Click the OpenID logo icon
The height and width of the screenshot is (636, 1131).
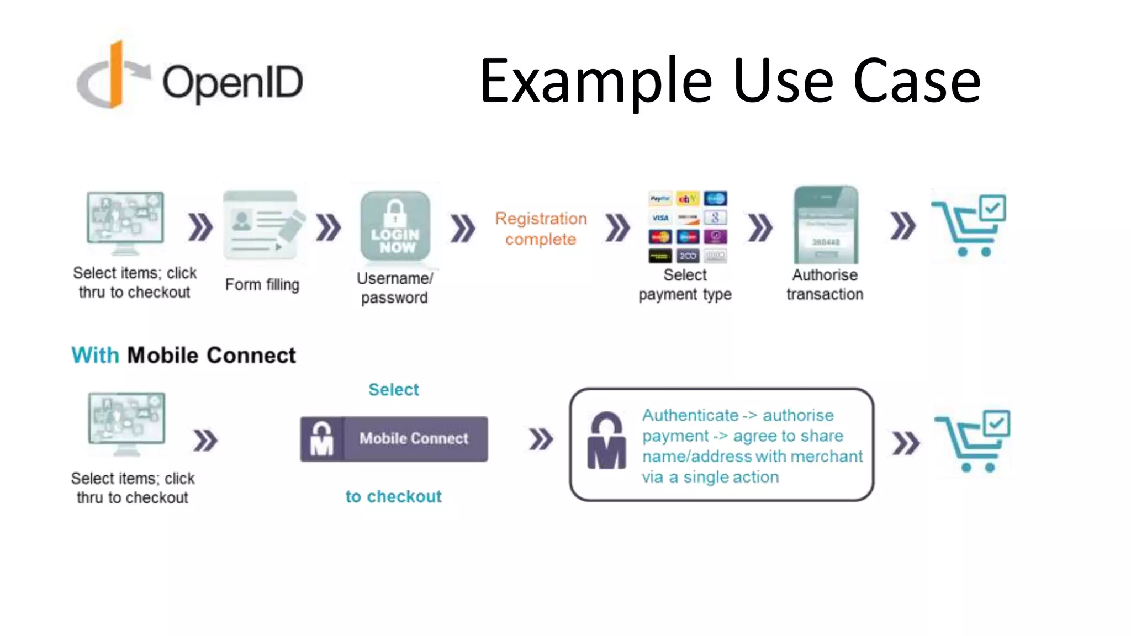click(x=113, y=76)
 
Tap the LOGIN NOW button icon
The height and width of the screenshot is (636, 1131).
click(x=395, y=226)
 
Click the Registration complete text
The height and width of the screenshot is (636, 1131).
click(x=541, y=229)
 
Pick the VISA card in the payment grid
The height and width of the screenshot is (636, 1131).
click(x=660, y=218)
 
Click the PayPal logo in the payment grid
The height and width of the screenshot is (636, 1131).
click(x=660, y=199)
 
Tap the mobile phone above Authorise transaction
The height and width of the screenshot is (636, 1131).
click(x=826, y=225)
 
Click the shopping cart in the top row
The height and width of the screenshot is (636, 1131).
click(x=970, y=225)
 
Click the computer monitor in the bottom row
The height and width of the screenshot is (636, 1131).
click(x=127, y=423)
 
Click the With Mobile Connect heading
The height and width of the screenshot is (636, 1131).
click(x=183, y=355)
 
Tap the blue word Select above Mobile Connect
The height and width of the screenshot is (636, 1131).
click(x=393, y=390)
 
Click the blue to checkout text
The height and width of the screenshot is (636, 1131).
click(x=393, y=496)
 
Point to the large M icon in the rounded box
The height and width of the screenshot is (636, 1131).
click(x=606, y=441)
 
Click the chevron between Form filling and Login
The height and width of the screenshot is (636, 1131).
click(x=329, y=227)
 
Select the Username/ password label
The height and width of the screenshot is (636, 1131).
click(x=395, y=288)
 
